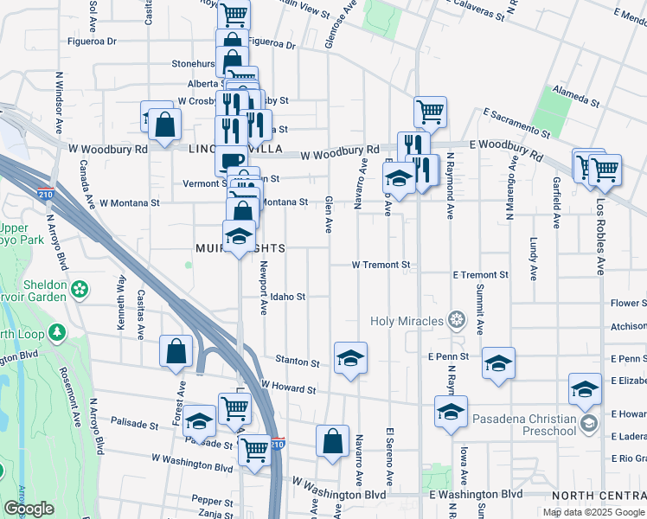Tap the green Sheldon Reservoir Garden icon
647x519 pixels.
(x=80, y=288)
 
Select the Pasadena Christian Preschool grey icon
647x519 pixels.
(x=588, y=423)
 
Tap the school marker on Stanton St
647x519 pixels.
(x=350, y=359)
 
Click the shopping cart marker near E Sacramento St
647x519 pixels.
(x=430, y=112)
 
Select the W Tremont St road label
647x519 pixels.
(x=381, y=264)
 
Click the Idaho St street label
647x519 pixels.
(x=288, y=297)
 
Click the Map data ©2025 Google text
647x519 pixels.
(x=593, y=512)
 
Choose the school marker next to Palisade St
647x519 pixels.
(x=200, y=421)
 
